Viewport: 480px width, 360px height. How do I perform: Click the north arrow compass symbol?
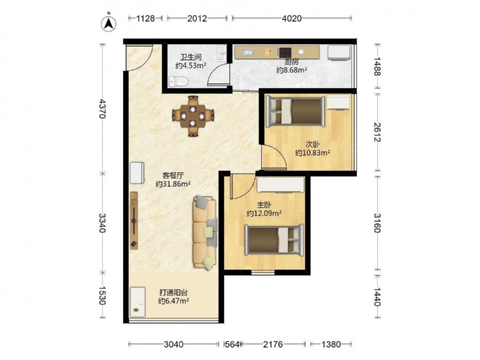coord(108,23)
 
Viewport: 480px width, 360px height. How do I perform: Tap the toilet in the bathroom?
coord(178,81)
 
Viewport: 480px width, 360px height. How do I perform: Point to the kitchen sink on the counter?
coord(247,53)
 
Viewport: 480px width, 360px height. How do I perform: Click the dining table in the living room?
coord(193,116)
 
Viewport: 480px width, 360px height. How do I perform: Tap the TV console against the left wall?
coord(134,220)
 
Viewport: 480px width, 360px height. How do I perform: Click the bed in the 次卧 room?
coord(295,111)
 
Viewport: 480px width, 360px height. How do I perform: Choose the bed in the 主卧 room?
coord(274,240)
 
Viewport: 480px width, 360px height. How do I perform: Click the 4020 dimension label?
coord(291,19)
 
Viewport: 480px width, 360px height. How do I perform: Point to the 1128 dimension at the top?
coord(145,19)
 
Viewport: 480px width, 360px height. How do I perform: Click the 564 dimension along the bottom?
coord(232,345)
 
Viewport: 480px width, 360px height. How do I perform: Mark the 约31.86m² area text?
coord(173,184)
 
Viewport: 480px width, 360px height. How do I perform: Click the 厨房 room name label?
coord(291,62)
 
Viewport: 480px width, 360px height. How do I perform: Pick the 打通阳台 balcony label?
coord(173,292)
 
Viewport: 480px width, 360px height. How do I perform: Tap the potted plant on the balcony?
coord(136,311)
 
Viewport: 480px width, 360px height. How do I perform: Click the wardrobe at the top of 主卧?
coord(280,185)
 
